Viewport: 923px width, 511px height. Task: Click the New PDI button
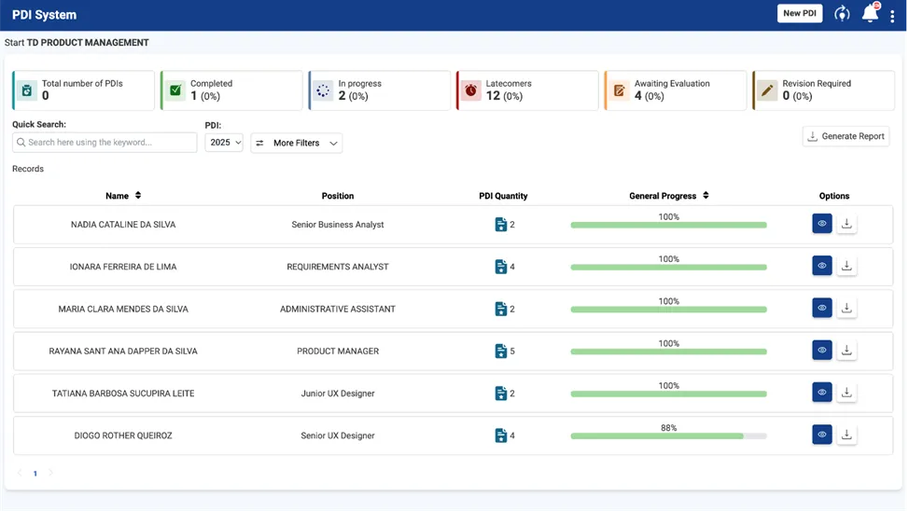pyautogui.click(x=800, y=14)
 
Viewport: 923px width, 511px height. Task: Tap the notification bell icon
pyautogui.click(x=870, y=13)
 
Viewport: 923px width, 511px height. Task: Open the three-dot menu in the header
pyautogui.click(x=892, y=16)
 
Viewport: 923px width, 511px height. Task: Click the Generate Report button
pyautogui.click(x=846, y=136)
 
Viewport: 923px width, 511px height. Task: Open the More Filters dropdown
pyautogui.click(x=296, y=143)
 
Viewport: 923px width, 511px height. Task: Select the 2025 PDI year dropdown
pyautogui.click(x=224, y=143)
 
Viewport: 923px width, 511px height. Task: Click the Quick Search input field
pyautogui.click(x=105, y=143)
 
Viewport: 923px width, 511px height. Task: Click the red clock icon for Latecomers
pyautogui.click(x=471, y=90)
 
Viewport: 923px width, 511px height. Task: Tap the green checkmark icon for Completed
pyautogui.click(x=175, y=90)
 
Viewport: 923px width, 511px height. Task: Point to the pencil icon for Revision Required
pyautogui.click(x=767, y=90)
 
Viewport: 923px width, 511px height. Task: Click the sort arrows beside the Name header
pyautogui.click(x=138, y=195)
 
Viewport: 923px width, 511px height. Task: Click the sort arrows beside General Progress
pyautogui.click(x=706, y=195)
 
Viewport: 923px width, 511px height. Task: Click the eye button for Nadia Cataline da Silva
pyautogui.click(x=822, y=224)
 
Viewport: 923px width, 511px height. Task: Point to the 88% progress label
pyautogui.click(x=669, y=427)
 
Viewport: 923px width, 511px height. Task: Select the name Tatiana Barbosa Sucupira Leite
pyautogui.click(x=123, y=394)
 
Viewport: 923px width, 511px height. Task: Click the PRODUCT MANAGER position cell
pyautogui.click(x=338, y=351)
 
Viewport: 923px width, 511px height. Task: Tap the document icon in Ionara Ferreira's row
pyautogui.click(x=501, y=267)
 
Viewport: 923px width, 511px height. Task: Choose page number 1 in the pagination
pyautogui.click(x=35, y=474)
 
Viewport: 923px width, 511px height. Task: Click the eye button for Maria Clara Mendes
pyautogui.click(x=822, y=308)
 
